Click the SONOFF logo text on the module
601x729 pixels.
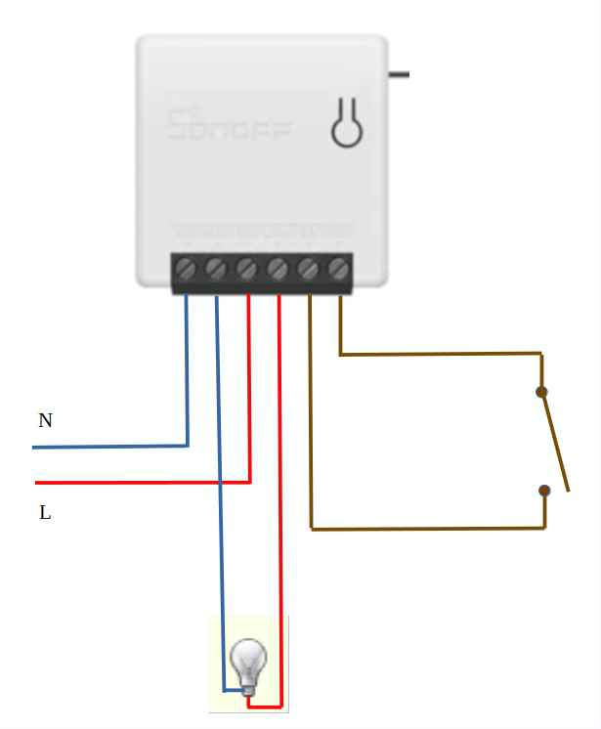(x=229, y=125)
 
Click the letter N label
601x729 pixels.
(x=45, y=421)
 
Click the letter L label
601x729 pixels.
(x=45, y=512)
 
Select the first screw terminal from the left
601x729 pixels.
(x=187, y=267)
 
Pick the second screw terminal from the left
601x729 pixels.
(x=217, y=267)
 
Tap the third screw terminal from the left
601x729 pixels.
(x=247, y=267)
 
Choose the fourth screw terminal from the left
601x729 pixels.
(x=278, y=267)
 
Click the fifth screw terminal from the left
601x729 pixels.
(x=309, y=267)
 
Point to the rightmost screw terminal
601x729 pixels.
(x=339, y=267)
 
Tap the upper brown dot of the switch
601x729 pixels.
(x=541, y=392)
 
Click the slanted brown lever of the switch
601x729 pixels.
(x=554, y=440)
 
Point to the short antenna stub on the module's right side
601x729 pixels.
(x=398, y=74)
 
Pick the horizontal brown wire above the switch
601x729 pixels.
(x=440, y=354)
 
